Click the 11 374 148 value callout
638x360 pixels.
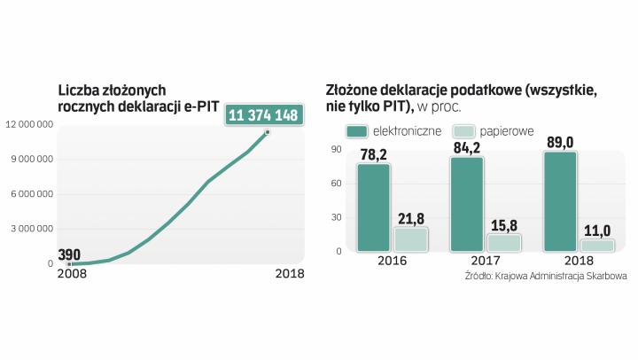point(263,115)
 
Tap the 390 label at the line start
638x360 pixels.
point(69,254)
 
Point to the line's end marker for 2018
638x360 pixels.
point(268,133)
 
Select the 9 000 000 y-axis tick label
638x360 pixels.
point(34,160)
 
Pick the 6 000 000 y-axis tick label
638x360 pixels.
point(34,194)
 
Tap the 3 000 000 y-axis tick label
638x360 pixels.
point(34,229)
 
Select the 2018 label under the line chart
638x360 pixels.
point(289,273)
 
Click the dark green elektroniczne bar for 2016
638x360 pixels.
point(374,207)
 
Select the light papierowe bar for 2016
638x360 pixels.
point(410,239)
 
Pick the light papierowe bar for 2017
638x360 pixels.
point(504,243)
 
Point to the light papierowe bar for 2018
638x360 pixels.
point(597,246)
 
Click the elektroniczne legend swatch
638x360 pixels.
point(358,131)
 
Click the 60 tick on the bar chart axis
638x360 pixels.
point(336,184)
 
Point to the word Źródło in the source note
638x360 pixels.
point(481,277)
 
